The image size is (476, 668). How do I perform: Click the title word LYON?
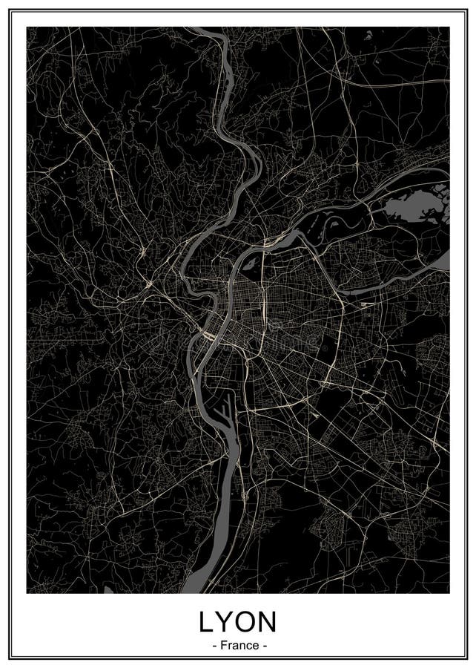pyautogui.click(x=238, y=621)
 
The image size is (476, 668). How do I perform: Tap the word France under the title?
pyautogui.click(x=238, y=646)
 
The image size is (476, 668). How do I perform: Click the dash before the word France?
pyautogui.click(x=214, y=646)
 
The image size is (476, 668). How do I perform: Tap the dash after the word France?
pyautogui.click(x=263, y=646)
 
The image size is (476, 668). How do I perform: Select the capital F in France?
pyautogui.click(x=222, y=646)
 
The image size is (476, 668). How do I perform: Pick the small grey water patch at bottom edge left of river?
pyautogui.click(x=111, y=591)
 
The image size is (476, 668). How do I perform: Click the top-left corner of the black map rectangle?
pyautogui.click(x=27, y=27)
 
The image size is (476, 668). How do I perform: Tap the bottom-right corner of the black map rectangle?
pyautogui.click(x=449, y=593)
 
